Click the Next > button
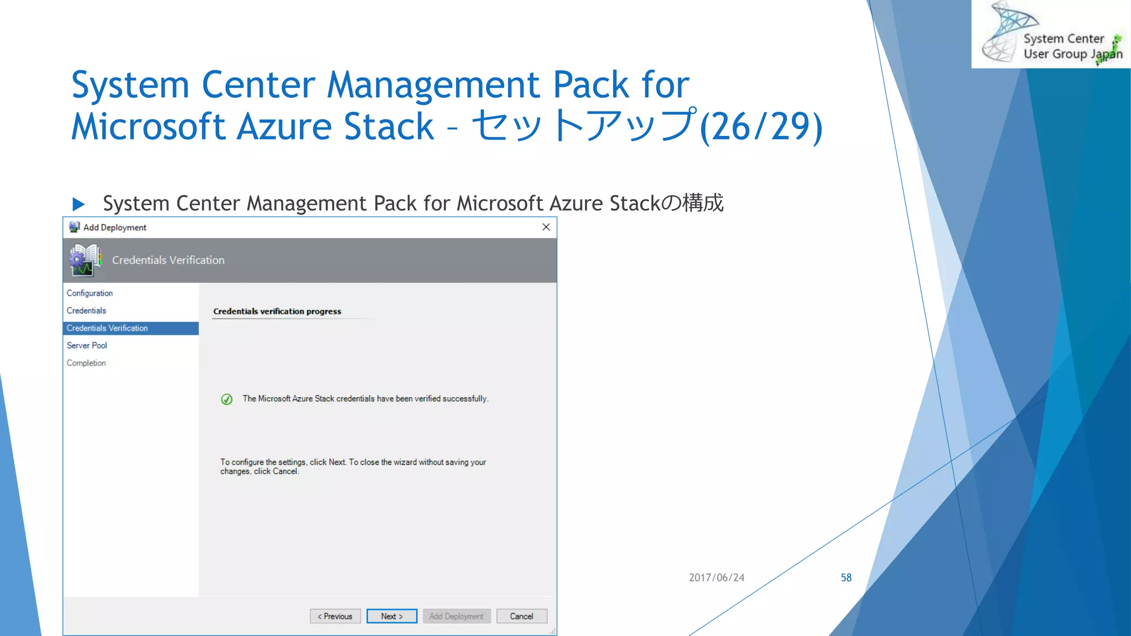coord(392,616)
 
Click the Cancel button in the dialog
coord(521,616)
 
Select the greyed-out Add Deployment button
coord(456,616)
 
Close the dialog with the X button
coord(546,227)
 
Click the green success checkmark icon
coord(226,399)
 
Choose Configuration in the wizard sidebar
coord(89,293)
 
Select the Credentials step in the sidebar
coord(86,311)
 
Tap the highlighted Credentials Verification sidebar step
coord(107,328)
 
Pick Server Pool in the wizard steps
coord(87,346)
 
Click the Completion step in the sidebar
coord(86,363)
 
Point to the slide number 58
coord(846,577)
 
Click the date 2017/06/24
coord(716,577)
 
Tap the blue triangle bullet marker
coord(78,204)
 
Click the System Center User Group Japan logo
coord(1051,34)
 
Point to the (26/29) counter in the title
coord(761,126)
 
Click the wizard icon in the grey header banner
coord(85,261)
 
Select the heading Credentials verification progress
coord(277,311)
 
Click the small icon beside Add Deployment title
coord(74,227)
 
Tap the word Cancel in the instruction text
coord(285,471)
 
